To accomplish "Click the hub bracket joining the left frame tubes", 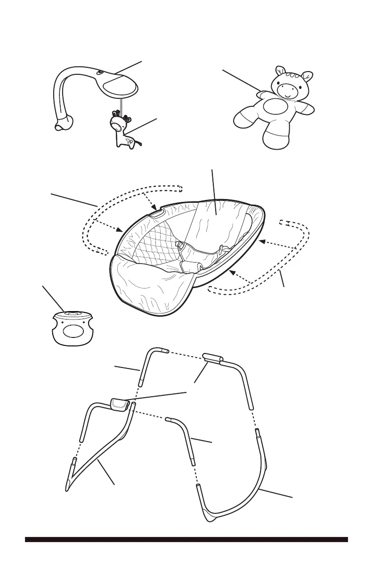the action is point(119,404).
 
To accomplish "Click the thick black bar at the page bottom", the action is point(186,539).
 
